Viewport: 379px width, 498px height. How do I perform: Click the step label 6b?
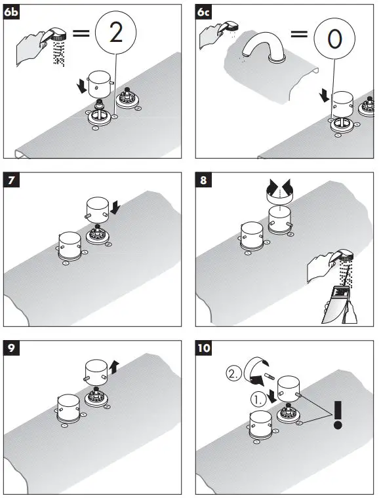[x=12, y=12]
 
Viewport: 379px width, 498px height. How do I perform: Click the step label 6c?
[x=204, y=12]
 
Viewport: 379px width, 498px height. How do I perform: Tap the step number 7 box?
[x=12, y=180]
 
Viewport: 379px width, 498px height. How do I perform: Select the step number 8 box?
[x=204, y=180]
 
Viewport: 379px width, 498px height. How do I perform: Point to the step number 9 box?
[x=12, y=348]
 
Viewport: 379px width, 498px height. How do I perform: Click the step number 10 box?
[x=204, y=348]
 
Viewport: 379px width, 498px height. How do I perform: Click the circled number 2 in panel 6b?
[x=116, y=33]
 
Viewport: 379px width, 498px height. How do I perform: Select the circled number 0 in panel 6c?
[x=334, y=37]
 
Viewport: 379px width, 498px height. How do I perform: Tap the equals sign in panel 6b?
[x=81, y=33]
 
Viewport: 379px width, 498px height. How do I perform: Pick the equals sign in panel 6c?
[x=299, y=33]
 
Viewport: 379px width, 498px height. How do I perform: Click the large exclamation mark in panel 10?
[x=338, y=415]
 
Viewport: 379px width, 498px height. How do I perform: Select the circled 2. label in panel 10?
[x=234, y=373]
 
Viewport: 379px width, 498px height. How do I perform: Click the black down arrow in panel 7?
[x=115, y=208]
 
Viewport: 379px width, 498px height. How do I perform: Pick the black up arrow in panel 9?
[x=113, y=367]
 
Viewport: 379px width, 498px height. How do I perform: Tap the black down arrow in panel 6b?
[x=82, y=86]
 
